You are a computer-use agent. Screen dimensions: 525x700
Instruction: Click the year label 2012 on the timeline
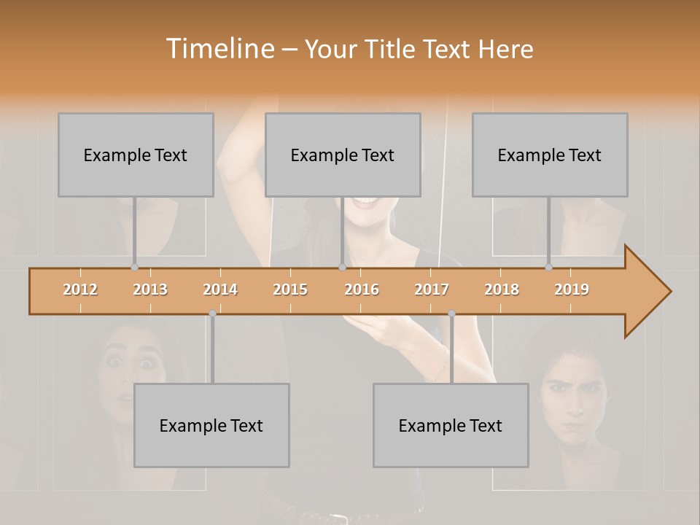[x=80, y=289]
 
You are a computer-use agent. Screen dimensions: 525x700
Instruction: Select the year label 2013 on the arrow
[x=150, y=289]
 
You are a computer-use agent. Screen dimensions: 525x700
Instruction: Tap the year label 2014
[x=220, y=289]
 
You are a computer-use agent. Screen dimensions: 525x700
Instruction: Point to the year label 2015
[x=290, y=289]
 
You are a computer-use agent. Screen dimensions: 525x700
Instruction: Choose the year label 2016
[x=362, y=289]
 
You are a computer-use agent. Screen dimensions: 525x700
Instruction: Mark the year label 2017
[x=432, y=289]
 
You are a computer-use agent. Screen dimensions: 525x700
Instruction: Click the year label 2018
[x=502, y=289]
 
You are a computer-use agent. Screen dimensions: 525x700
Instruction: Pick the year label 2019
[x=572, y=289]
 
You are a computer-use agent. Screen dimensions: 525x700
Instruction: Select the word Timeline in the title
[x=220, y=49]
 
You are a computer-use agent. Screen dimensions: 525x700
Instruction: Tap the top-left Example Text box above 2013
[x=136, y=155]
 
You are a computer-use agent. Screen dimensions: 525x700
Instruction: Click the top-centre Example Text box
[x=343, y=155]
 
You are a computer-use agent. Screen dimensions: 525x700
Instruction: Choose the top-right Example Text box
[x=550, y=155]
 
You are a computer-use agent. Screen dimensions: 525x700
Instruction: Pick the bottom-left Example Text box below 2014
[x=211, y=425]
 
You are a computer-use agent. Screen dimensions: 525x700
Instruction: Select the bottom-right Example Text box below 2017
[x=451, y=425]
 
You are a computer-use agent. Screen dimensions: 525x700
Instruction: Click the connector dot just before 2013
[x=134, y=268]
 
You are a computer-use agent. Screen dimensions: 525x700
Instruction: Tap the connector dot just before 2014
[x=212, y=314]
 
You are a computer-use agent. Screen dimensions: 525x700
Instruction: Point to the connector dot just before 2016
[x=342, y=268]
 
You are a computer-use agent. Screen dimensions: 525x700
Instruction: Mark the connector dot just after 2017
[x=451, y=314]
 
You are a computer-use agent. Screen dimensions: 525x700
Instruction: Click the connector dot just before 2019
[x=548, y=268]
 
